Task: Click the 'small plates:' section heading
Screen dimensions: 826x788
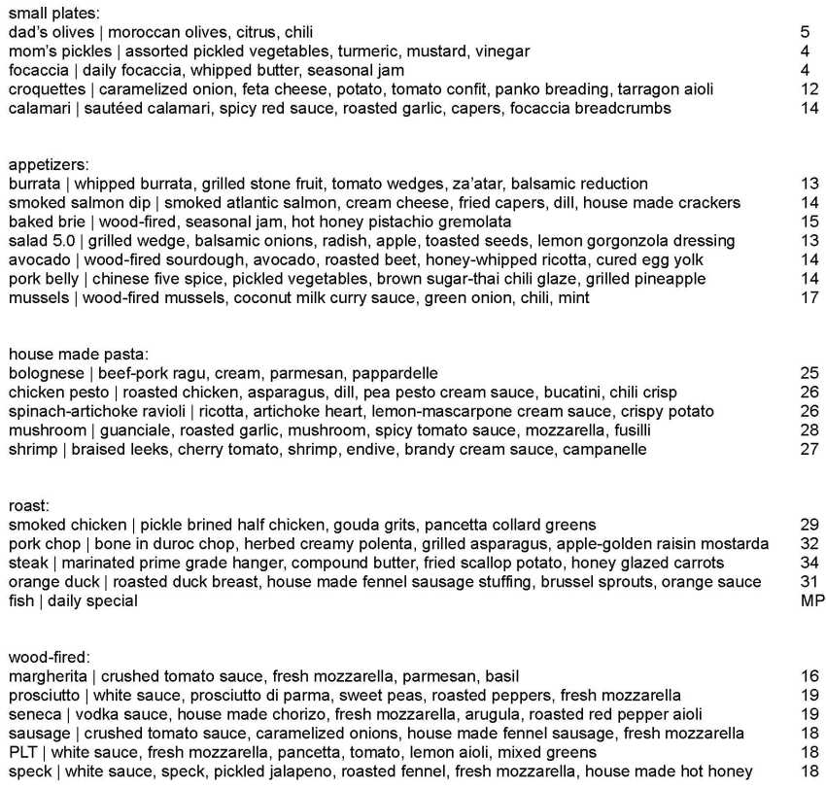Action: tap(53, 14)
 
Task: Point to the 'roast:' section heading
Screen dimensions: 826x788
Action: tap(29, 506)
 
